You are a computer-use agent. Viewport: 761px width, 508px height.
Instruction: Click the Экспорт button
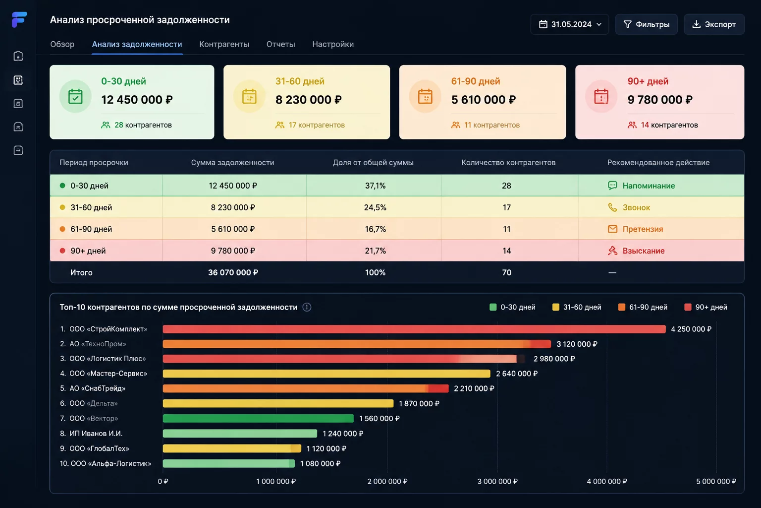pyautogui.click(x=714, y=24)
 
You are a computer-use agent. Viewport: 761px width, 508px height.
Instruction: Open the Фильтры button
pyautogui.click(x=646, y=24)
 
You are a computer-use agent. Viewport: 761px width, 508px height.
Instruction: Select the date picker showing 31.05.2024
pyautogui.click(x=569, y=24)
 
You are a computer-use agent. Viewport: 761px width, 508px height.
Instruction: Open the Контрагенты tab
pyautogui.click(x=224, y=44)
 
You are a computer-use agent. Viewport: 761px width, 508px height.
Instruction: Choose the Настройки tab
pyautogui.click(x=333, y=44)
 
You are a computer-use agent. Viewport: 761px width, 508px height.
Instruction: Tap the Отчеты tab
pyautogui.click(x=280, y=44)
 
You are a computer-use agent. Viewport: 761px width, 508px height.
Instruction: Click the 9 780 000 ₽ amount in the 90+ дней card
pyautogui.click(x=660, y=100)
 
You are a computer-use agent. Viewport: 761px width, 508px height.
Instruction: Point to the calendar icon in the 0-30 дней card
pyautogui.click(x=75, y=96)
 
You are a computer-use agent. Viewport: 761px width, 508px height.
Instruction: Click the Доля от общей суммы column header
pyautogui.click(x=373, y=163)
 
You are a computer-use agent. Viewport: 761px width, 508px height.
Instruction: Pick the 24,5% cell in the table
pyautogui.click(x=375, y=207)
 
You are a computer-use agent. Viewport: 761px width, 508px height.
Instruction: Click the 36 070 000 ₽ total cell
pyautogui.click(x=233, y=272)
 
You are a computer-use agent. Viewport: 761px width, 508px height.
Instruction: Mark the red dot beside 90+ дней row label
pyautogui.click(x=62, y=251)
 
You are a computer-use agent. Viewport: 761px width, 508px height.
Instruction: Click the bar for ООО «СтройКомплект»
pyautogui.click(x=414, y=329)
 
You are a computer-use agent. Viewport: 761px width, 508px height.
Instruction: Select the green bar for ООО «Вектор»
pyautogui.click(x=258, y=418)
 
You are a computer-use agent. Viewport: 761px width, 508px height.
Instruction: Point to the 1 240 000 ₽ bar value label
pyautogui.click(x=343, y=434)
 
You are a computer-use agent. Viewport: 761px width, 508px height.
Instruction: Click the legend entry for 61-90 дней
pyautogui.click(x=643, y=307)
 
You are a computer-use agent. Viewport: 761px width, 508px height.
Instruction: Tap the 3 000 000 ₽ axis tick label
pyautogui.click(x=497, y=482)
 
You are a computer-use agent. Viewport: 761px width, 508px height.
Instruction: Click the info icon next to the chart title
pyautogui.click(x=307, y=307)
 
